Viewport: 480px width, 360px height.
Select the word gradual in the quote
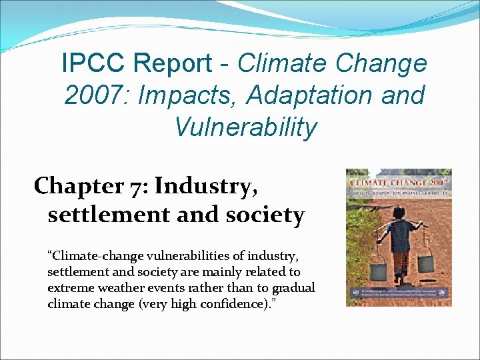[292, 287]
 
